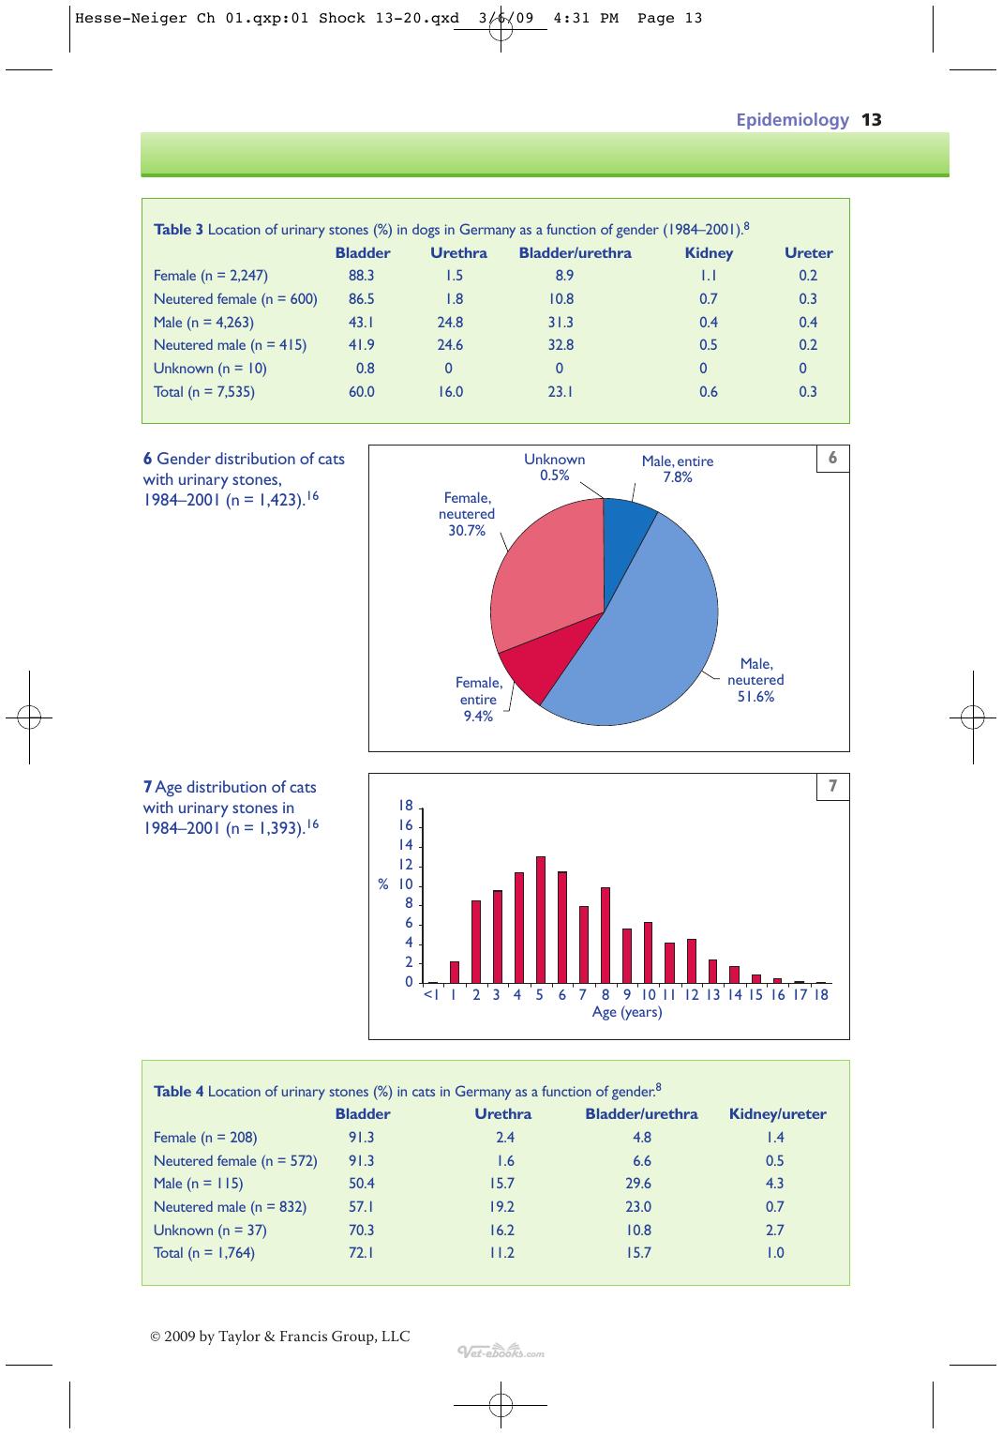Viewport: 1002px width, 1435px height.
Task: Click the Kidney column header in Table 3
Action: (x=709, y=253)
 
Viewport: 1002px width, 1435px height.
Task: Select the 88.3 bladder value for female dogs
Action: (x=361, y=276)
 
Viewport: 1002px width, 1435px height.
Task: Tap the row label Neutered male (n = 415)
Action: (x=230, y=345)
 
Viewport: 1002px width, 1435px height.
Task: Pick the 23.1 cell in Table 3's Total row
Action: (x=561, y=391)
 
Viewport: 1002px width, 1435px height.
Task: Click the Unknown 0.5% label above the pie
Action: (x=555, y=467)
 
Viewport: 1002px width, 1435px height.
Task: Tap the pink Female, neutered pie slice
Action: (x=545, y=570)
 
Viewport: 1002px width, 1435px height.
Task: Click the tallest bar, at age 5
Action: (x=541, y=919)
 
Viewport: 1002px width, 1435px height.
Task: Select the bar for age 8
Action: (x=605, y=935)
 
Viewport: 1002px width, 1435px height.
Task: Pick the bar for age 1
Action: (x=455, y=972)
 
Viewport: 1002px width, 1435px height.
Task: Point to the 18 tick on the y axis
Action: (x=406, y=806)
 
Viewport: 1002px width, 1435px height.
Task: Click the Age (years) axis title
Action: (x=627, y=1012)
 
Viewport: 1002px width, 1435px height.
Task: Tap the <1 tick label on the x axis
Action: (x=431, y=994)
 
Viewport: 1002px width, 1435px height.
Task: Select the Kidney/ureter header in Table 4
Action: (x=777, y=1114)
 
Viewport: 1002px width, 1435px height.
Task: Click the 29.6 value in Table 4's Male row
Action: (x=638, y=1184)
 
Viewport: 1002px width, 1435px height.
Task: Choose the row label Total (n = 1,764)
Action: (x=204, y=1253)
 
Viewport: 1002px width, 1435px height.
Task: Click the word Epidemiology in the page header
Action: (x=793, y=120)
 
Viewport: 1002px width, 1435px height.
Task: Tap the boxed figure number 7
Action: (x=833, y=785)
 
